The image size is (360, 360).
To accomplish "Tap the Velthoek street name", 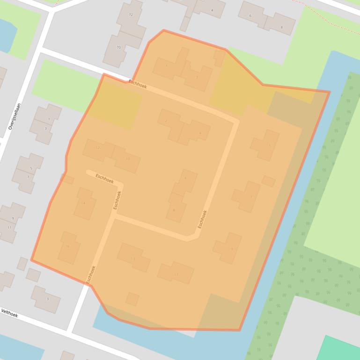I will (x=9, y=313).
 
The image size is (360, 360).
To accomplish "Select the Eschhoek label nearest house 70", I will (x=138, y=84).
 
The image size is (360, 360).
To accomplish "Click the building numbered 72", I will (x=131, y=14).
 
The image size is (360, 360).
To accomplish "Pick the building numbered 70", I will (x=118, y=47).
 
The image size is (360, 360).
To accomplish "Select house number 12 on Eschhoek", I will (x=97, y=148).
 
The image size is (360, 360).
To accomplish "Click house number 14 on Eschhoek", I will (x=83, y=203).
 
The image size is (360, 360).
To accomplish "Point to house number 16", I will (x=67, y=246).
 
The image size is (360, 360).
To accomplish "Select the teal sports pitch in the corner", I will (x=341, y=349).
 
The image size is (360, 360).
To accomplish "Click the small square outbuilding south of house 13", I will (x=132, y=299).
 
